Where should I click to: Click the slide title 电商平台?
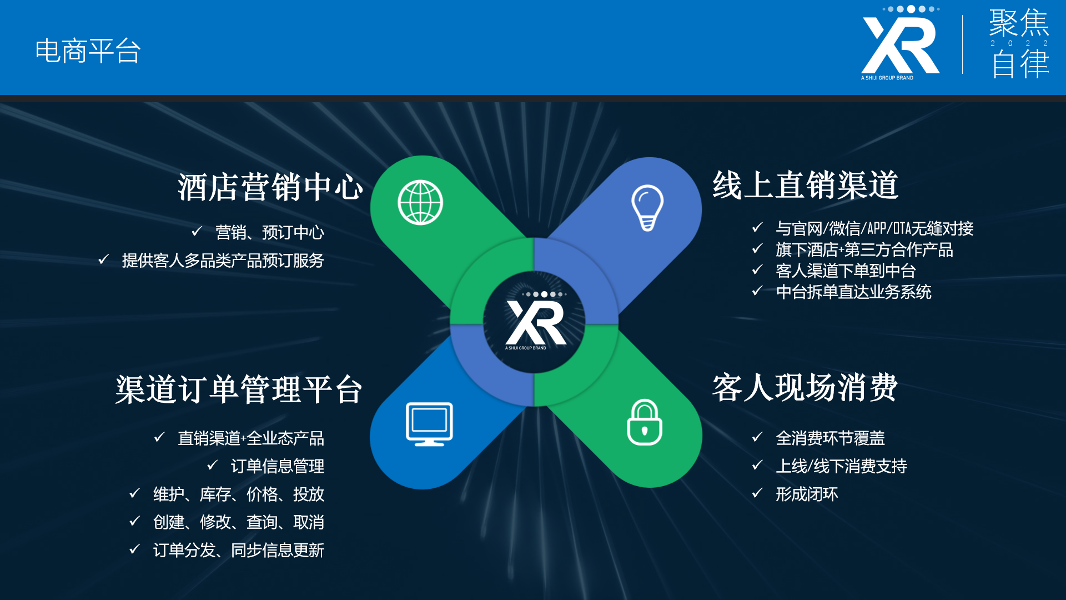coord(88,51)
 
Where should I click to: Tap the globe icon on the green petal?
coord(420,203)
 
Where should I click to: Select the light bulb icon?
coord(647,208)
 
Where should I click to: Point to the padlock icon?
coord(645,422)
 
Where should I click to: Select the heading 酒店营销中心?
coord(270,187)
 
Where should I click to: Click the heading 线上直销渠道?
coord(806,185)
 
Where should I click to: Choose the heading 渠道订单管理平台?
coord(239,389)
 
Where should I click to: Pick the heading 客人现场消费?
coord(805,387)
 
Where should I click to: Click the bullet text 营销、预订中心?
coord(270,232)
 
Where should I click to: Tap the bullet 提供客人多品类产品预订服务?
coord(223,261)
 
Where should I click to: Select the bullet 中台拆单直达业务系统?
coord(854,292)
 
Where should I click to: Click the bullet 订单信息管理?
coord(278,466)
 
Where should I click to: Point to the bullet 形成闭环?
coord(807,494)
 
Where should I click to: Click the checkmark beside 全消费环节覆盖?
coord(757,437)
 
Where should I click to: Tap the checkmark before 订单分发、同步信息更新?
coord(134,549)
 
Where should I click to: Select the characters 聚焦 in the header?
coord(1019,23)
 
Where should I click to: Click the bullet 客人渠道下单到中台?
coord(846,271)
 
